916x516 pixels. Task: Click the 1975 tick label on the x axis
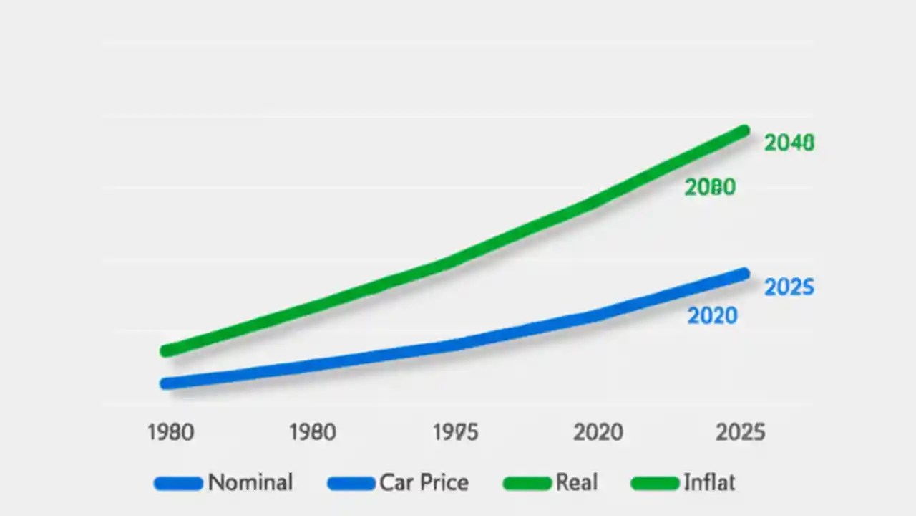coord(456,432)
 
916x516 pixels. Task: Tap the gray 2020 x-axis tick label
coord(598,432)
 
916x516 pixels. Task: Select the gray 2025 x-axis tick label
coord(741,432)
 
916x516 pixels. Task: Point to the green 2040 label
coord(789,143)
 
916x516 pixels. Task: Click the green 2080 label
coord(710,187)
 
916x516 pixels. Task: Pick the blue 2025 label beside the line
coord(789,287)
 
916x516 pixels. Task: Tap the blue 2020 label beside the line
coord(712,315)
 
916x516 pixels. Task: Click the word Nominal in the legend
coord(250,482)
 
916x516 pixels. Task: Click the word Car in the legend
coord(396,482)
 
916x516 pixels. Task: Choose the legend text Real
coord(576,482)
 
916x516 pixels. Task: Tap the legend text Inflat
coord(708,482)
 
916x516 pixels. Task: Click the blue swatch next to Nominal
coord(178,484)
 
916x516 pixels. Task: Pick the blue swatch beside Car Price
coord(351,484)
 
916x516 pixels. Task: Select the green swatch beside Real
coord(527,484)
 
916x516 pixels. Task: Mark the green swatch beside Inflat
coord(655,484)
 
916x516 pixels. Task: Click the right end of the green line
coord(744,131)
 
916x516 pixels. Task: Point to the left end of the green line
coord(166,350)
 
